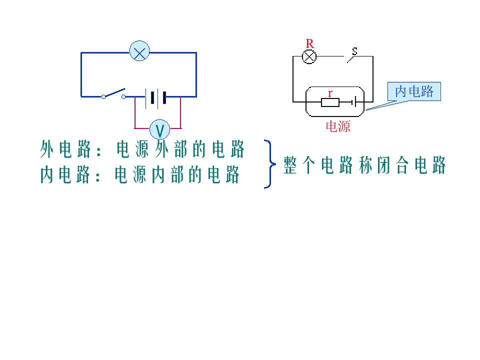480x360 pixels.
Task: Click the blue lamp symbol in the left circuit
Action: pos(139,51)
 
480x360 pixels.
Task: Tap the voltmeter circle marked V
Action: pos(160,129)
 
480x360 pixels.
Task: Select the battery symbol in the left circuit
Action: pos(156,98)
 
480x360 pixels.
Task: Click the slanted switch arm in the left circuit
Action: pos(114,92)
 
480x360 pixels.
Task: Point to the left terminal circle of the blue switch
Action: pos(103,97)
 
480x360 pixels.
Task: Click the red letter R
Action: pos(310,44)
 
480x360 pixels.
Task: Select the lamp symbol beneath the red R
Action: pos(309,57)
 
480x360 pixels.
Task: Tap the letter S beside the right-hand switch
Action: pos(354,51)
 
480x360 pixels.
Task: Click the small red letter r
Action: pos(330,93)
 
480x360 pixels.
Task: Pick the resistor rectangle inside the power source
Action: pos(330,102)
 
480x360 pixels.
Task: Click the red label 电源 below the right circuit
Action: pos(338,126)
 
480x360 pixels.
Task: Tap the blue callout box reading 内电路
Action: pos(414,91)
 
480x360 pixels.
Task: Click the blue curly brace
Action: pos(270,164)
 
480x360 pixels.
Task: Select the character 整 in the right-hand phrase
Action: pos(290,165)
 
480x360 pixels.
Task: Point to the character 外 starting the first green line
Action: pos(47,149)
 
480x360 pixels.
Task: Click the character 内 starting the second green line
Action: pos(47,174)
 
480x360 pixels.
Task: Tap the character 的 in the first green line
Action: pos(199,149)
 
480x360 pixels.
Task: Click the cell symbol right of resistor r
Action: pos(354,102)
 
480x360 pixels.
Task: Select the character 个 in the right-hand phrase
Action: pos(308,165)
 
